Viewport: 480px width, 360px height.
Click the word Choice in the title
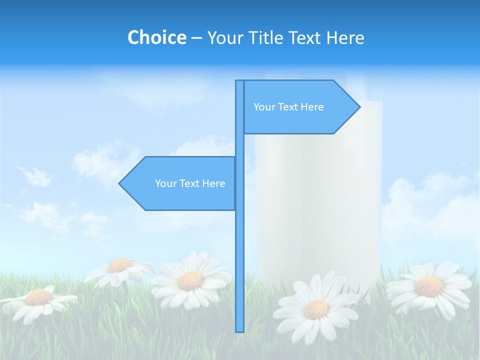(x=156, y=38)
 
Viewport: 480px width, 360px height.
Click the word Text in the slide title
(x=304, y=38)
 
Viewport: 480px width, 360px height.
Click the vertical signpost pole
(x=239, y=250)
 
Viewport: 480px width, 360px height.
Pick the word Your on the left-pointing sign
(x=165, y=183)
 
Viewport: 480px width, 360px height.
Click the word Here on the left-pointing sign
(x=213, y=183)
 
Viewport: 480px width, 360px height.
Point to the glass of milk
(x=318, y=200)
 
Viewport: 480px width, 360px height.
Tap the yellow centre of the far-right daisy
(x=429, y=286)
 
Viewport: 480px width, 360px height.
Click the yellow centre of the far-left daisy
(x=39, y=298)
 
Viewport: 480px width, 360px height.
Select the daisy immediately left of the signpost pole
(x=191, y=280)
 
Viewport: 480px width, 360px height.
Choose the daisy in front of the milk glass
(x=316, y=309)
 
